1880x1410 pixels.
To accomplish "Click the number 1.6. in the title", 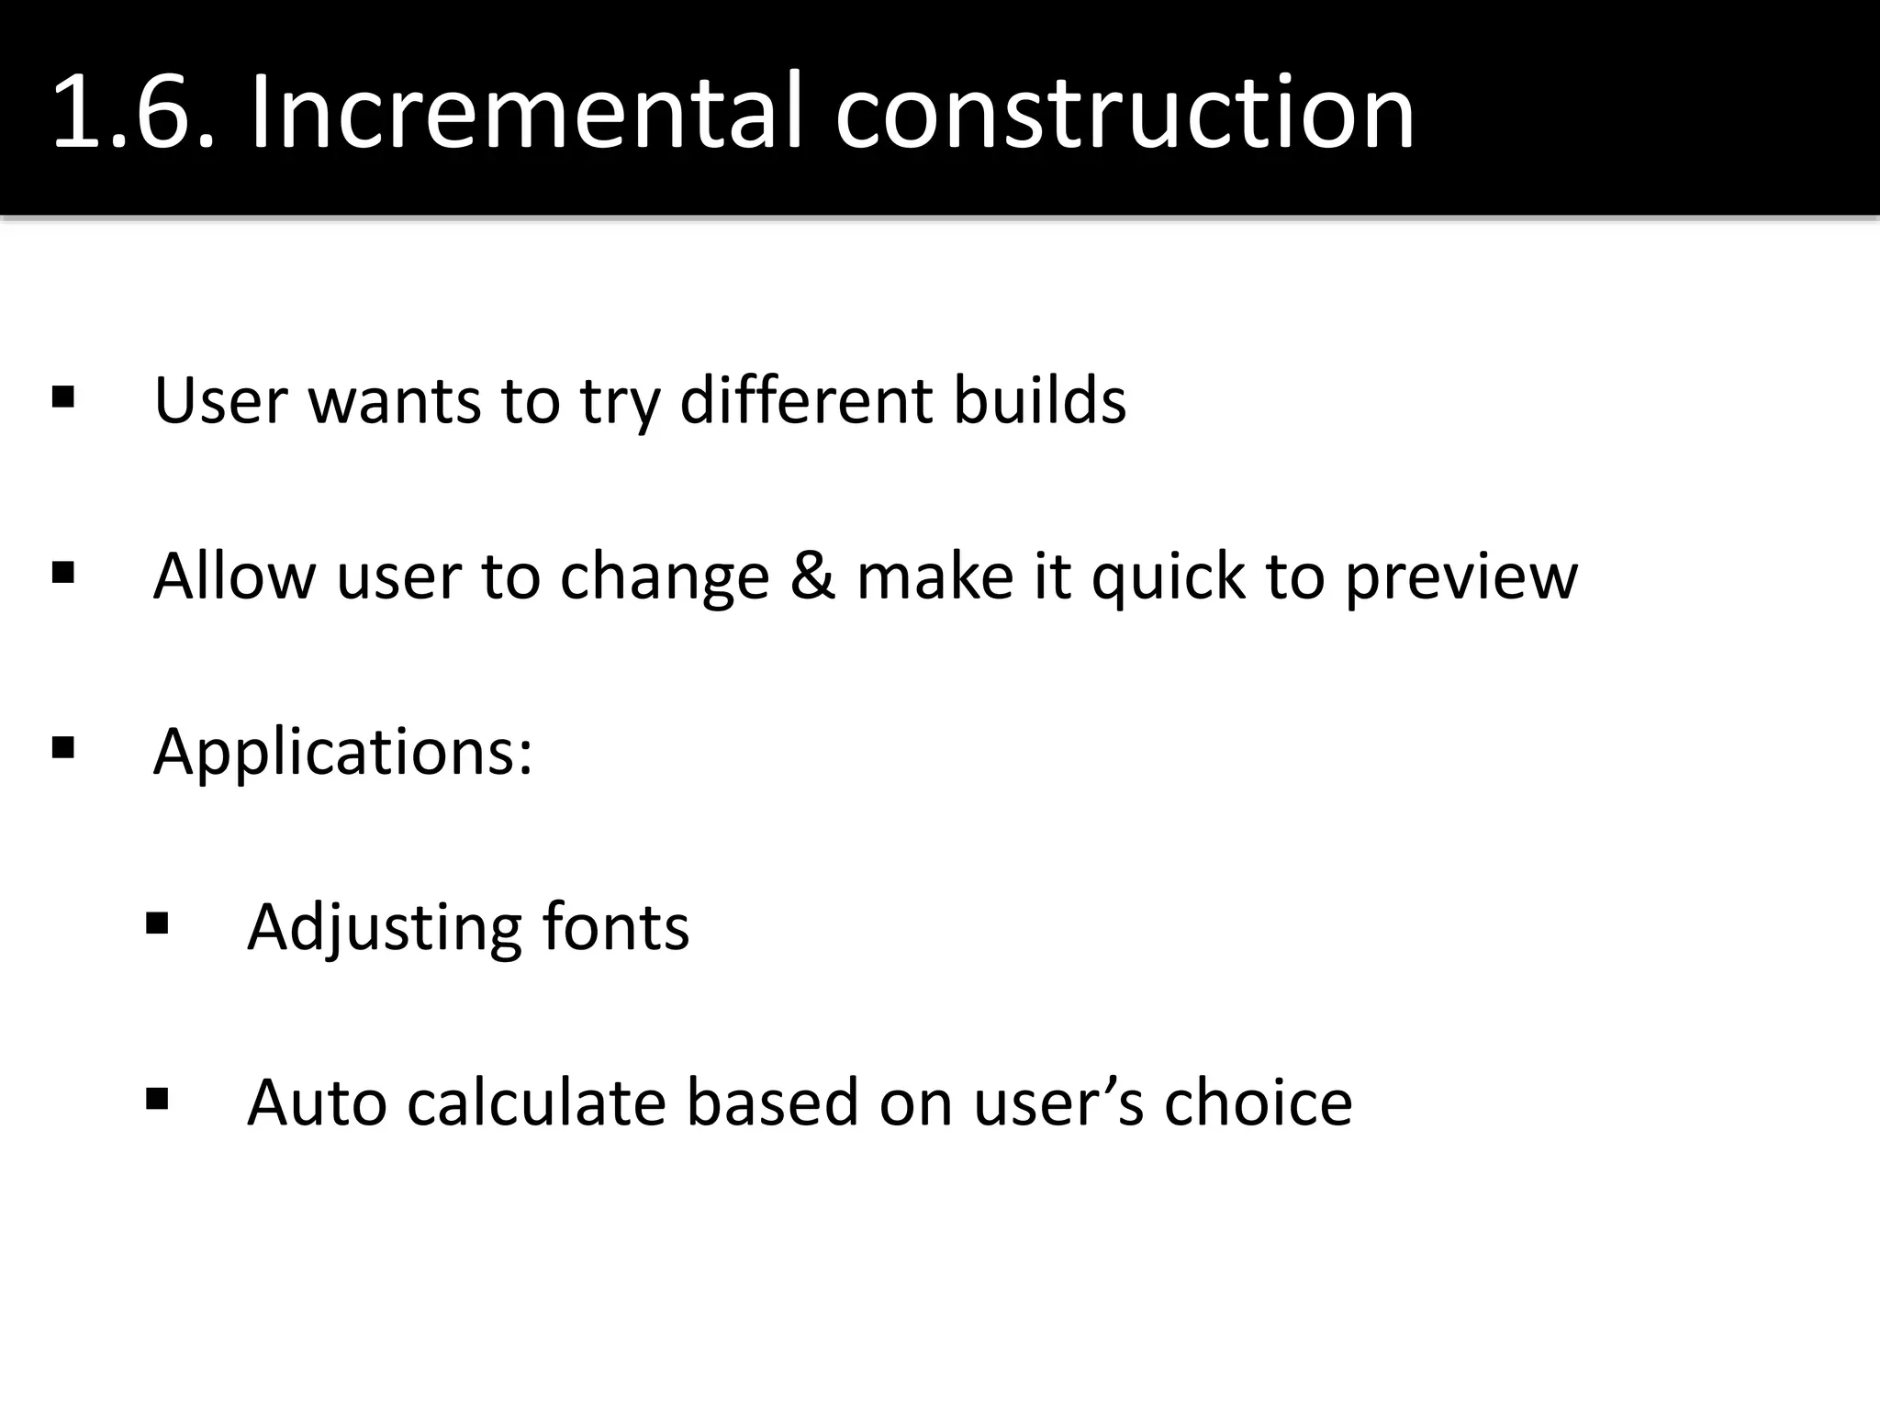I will click(134, 114).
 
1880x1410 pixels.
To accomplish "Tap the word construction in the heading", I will click(1124, 114).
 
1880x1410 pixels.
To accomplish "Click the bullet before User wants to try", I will click(63, 398).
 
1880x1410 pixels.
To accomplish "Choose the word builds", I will click(1039, 401).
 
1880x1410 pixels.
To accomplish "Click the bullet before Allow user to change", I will click(63, 574).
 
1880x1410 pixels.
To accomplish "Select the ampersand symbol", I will click(812, 576).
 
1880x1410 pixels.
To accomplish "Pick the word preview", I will click(1461, 578).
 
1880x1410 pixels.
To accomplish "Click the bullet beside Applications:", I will click(63, 748).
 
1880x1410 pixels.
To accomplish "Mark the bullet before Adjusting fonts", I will click(157, 923).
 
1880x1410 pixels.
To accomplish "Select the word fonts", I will click(615, 927).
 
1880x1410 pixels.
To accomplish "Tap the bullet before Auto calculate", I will click(157, 1099).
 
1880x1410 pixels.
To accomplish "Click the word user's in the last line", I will click(1058, 1102).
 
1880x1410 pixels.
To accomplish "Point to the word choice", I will click(1258, 1102).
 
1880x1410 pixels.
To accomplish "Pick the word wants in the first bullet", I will click(394, 401).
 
